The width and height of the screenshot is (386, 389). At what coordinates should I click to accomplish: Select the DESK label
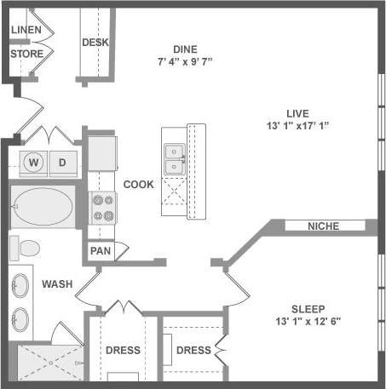94,43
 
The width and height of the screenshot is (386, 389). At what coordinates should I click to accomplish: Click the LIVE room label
297,113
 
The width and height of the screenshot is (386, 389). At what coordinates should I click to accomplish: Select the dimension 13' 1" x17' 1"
297,126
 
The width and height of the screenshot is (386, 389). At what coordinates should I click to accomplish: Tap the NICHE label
324,226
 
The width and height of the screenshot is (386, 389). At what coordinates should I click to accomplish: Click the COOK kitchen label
138,185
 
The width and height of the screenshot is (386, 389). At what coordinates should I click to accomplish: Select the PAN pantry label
101,252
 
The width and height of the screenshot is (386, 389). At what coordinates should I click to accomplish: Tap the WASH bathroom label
56,283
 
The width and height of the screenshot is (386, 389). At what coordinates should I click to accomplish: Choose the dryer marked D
62,162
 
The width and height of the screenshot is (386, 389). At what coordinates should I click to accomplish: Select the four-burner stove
103,208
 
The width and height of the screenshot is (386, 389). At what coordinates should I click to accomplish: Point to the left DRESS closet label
123,350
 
